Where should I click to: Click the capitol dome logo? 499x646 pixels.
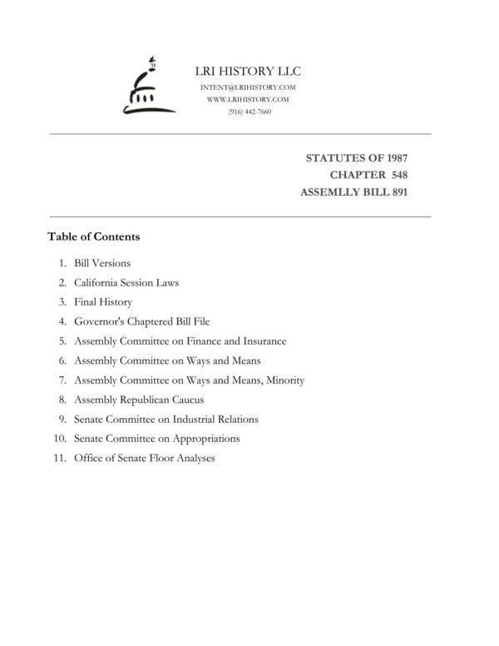(x=146, y=86)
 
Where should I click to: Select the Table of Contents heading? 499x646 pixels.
(x=94, y=236)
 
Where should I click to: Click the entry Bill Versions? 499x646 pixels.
(x=102, y=263)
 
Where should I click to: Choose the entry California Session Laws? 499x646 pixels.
(x=126, y=282)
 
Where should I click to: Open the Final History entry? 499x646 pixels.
(x=103, y=302)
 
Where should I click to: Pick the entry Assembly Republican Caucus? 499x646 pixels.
(x=139, y=400)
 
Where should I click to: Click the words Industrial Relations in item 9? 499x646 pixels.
(x=220, y=419)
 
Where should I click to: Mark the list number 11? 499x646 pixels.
(x=60, y=458)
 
